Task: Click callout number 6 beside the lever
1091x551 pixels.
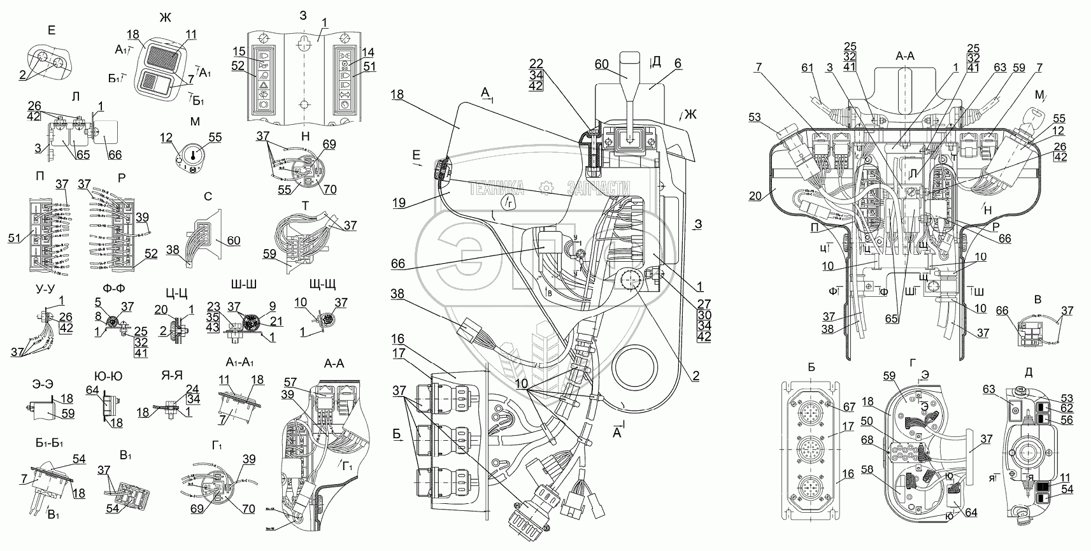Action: [x=678, y=64]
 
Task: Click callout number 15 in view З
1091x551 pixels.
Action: [x=238, y=51]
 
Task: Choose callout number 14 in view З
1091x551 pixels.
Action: [x=369, y=52]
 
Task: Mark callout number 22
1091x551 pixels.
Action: [x=536, y=64]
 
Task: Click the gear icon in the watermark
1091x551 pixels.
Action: [x=545, y=187]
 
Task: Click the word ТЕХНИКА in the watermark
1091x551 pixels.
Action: [x=497, y=187]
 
